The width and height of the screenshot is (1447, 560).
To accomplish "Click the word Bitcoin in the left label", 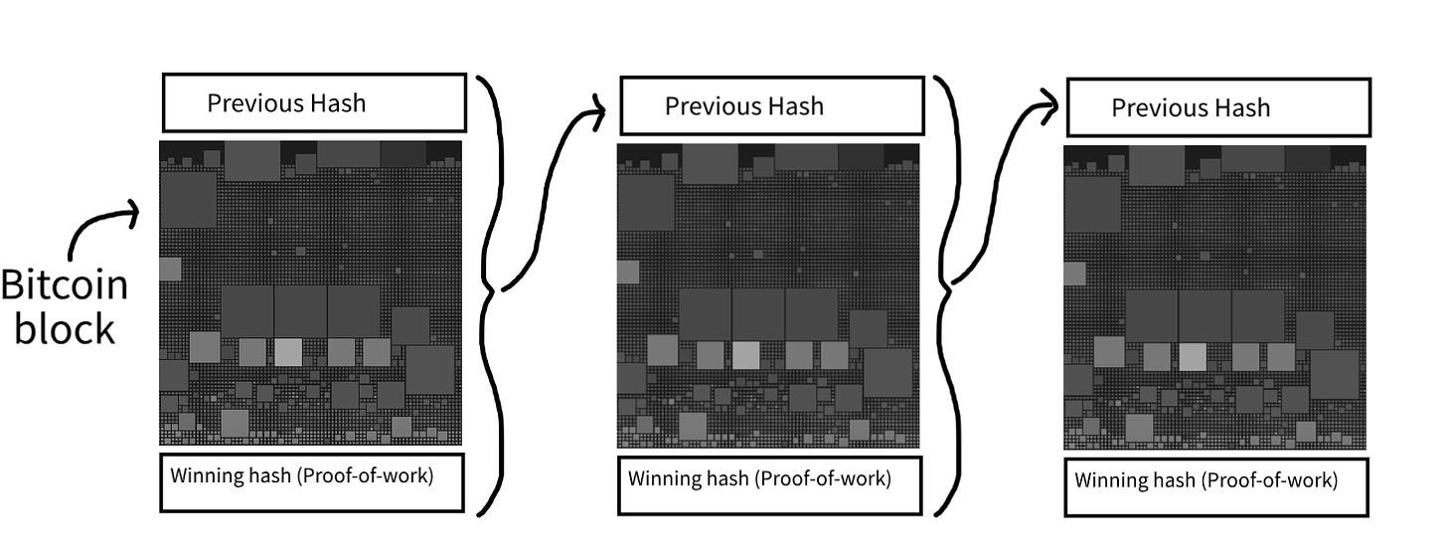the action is (x=65, y=284).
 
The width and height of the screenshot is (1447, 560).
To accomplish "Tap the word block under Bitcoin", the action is (x=65, y=328).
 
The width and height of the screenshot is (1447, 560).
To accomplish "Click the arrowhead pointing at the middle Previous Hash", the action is (x=599, y=111).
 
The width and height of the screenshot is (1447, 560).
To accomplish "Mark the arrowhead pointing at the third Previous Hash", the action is (x=1050, y=106).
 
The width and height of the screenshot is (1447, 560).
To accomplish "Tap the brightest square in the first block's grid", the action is (x=288, y=352).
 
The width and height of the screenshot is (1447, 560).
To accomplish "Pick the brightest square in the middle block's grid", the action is (x=746, y=355).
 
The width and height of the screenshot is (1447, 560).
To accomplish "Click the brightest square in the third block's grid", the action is (x=1193, y=357).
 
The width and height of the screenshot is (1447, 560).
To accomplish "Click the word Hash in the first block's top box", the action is (x=337, y=103).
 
